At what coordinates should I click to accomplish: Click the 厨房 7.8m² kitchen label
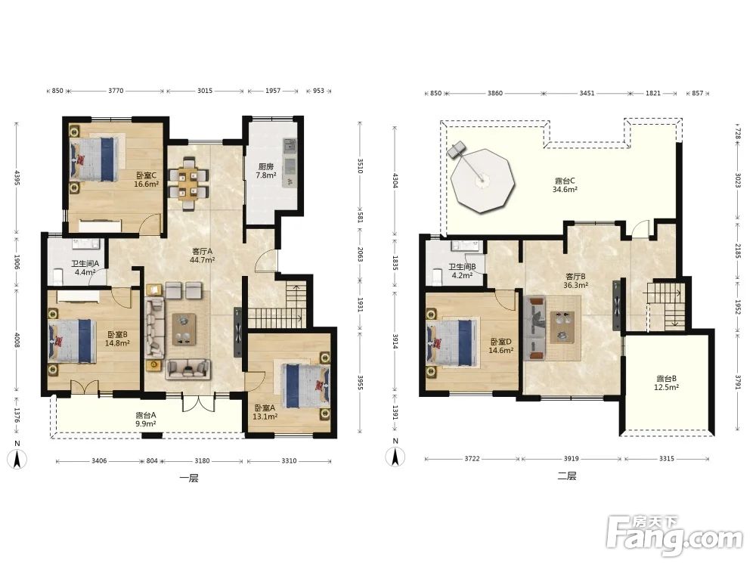point(265,171)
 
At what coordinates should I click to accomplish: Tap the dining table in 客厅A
point(188,184)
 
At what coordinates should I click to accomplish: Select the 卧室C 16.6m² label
point(146,179)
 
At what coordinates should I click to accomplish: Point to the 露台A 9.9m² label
point(145,419)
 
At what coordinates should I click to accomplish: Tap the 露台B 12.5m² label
point(666,383)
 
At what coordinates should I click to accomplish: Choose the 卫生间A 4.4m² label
point(85,268)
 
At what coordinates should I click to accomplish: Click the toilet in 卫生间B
point(437,276)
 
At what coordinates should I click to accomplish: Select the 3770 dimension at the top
point(116,91)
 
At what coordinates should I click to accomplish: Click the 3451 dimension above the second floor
point(587,93)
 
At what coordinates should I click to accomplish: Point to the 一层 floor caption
point(189,479)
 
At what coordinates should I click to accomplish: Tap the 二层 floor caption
point(567,476)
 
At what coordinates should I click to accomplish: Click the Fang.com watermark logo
point(674,535)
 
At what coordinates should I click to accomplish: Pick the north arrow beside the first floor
point(17,459)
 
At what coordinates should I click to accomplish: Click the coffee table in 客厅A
point(184,330)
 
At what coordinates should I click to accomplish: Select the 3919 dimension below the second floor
point(572,459)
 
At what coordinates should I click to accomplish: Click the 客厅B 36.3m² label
point(575,280)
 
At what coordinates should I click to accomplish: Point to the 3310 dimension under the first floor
point(289,461)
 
